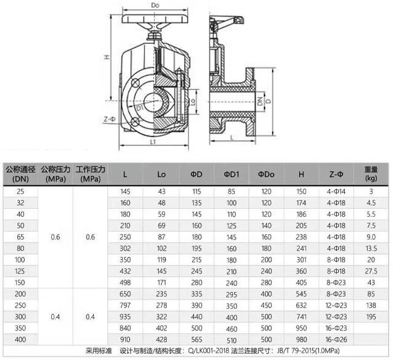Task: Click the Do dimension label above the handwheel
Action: pos(155,6)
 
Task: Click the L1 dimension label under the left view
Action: pos(153,142)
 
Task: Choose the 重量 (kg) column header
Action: pos(371,172)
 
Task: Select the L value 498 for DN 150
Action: pos(126,282)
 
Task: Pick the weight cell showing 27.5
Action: pos(371,270)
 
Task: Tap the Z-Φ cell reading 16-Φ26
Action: pos(336,339)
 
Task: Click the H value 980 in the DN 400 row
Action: pos(301,339)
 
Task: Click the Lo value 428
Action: pos(161,339)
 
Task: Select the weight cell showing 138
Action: pos(371,305)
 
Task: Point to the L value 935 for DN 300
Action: pos(126,316)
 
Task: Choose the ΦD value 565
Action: pos(196,339)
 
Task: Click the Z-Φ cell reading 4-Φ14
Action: pos(336,191)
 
